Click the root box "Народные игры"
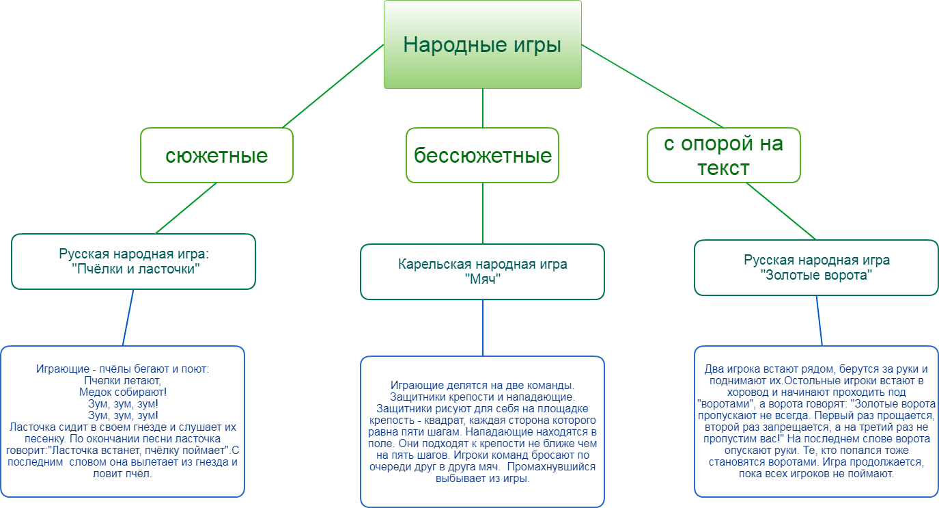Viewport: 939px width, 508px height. point(483,44)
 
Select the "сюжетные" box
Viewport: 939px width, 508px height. point(216,155)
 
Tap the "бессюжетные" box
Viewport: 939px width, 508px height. point(483,155)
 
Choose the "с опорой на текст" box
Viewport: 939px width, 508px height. point(723,155)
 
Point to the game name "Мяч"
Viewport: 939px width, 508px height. point(483,279)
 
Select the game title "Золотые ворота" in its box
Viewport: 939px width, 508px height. point(817,275)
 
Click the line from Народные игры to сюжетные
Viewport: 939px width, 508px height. point(333,86)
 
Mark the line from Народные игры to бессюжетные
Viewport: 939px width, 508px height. point(483,108)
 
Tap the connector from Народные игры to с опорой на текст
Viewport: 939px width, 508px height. point(652,86)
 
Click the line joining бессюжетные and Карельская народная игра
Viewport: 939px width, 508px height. point(483,213)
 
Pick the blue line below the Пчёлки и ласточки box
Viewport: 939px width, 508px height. point(128,317)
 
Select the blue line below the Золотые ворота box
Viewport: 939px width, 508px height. point(819,321)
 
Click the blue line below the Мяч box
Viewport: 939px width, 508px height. point(483,328)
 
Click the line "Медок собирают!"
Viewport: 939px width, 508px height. point(123,392)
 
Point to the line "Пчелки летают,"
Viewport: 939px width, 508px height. point(122,380)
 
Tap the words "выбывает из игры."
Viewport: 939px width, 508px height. point(483,479)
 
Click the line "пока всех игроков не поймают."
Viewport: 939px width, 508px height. point(816,474)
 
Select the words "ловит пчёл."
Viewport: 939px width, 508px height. point(122,474)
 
